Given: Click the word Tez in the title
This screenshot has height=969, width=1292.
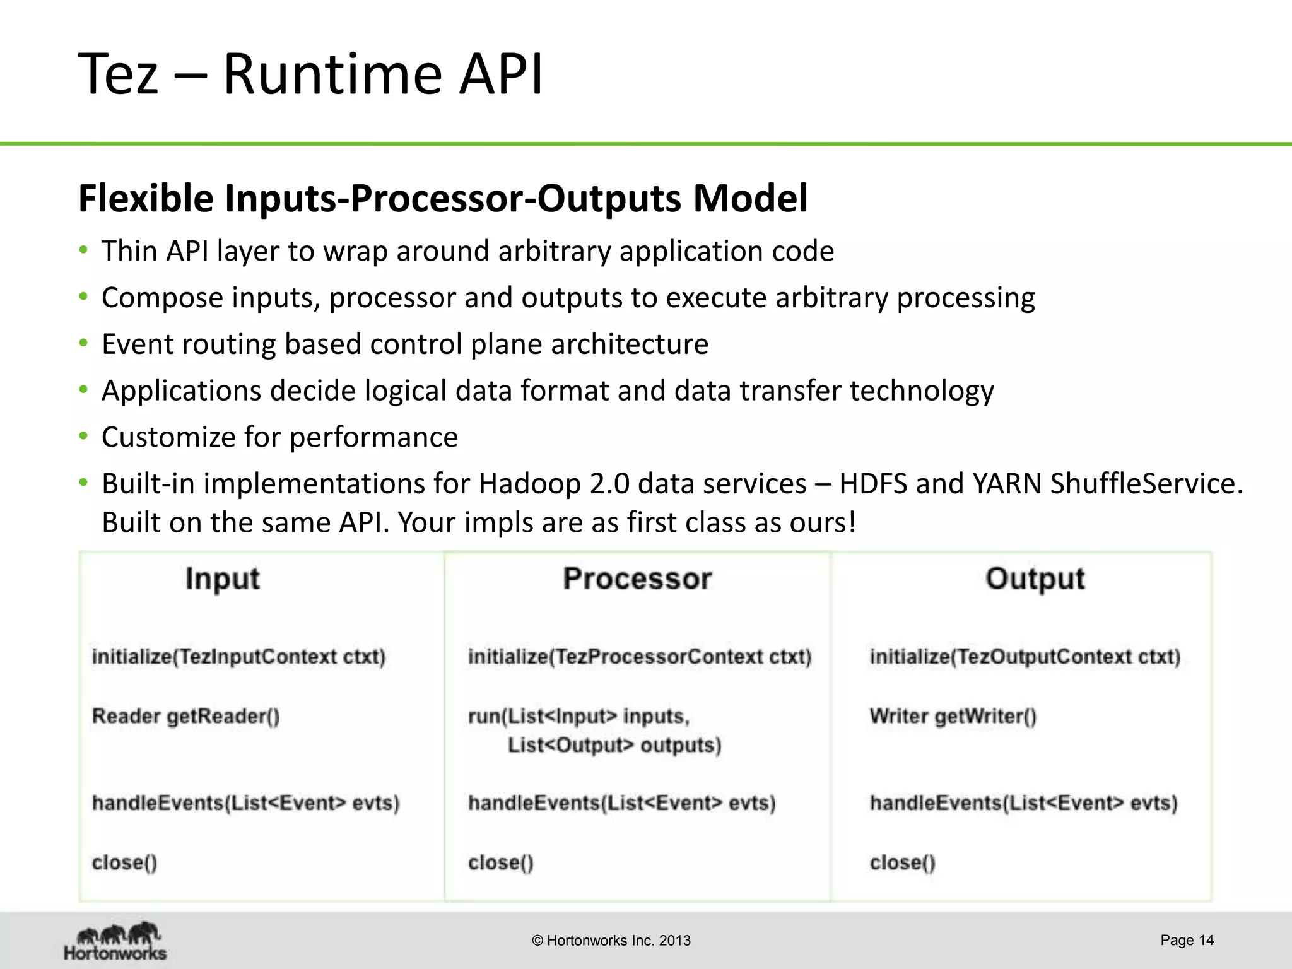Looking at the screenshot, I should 118,74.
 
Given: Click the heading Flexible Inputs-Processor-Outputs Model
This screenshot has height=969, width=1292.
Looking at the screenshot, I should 442,198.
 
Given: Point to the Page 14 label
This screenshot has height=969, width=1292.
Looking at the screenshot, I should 1187,940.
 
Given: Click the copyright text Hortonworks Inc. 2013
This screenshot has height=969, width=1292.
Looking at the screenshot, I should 611,941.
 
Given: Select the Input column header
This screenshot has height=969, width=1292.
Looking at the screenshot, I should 222,578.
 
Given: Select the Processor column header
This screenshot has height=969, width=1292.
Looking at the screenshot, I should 637,578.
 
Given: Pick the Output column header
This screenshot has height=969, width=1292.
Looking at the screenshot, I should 1035,578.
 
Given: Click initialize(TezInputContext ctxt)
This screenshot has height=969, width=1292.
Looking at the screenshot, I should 238,657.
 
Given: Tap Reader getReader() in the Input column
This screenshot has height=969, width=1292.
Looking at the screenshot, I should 185,716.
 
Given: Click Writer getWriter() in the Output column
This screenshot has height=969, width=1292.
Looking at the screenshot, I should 953,716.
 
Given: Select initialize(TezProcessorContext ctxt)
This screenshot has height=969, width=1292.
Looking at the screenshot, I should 639,657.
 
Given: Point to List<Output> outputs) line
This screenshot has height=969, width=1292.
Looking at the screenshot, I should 614,745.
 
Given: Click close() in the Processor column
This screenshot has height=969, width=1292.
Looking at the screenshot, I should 500,862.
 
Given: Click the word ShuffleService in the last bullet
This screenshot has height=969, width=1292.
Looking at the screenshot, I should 1146,484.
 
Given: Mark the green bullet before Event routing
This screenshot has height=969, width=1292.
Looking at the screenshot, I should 83,344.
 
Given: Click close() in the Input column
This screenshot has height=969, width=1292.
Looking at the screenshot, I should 124,862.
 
